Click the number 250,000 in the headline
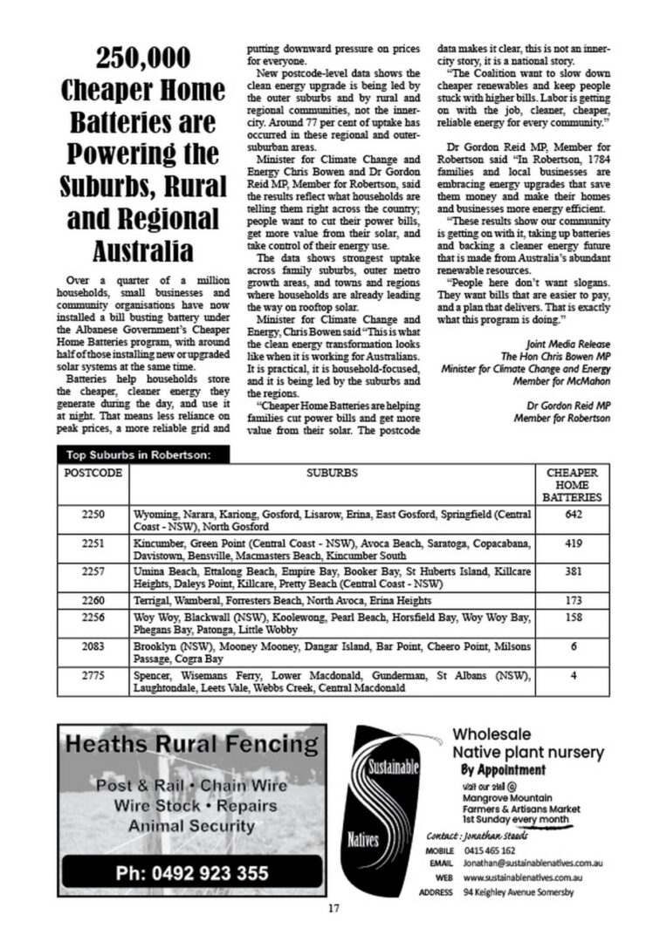pyautogui.click(x=144, y=58)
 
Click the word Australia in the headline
pyautogui.click(x=144, y=251)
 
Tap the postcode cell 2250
pyautogui.click(x=93, y=515)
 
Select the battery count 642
pyautogui.click(x=573, y=515)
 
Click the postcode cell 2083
pyautogui.click(x=93, y=646)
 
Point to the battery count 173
pyautogui.click(x=573, y=601)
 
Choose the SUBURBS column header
pyautogui.click(x=331, y=474)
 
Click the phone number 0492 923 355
pyautogui.click(x=192, y=873)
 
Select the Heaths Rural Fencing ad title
pyautogui.click(x=192, y=744)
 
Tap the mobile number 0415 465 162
pyautogui.click(x=489, y=850)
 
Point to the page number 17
pyautogui.click(x=333, y=909)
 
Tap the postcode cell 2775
pyautogui.click(x=93, y=676)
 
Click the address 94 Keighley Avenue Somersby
pyautogui.click(x=519, y=892)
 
